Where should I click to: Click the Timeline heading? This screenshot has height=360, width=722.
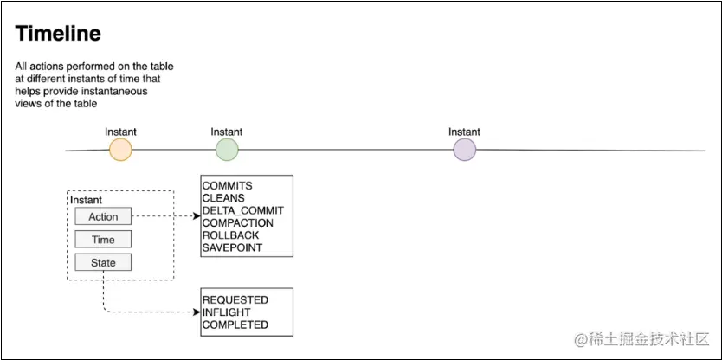[x=58, y=35]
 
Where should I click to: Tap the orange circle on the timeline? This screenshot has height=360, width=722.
[x=120, y=150]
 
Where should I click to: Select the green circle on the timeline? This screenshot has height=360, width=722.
[x=227, y=150]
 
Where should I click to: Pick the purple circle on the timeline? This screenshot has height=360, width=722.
[x=465, y=150]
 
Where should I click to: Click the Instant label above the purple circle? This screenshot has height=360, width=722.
[x=464, y=132]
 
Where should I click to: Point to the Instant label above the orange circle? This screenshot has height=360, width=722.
[x=120, y=132]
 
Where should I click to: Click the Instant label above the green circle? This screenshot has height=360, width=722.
[x=227, y=132]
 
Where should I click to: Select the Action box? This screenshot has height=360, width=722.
[x=103, y=216]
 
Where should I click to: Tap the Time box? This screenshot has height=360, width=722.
[x=103, y=240]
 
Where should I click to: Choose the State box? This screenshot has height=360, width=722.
[x=103, y=262]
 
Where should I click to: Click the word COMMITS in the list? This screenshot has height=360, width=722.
[x=227, y=186]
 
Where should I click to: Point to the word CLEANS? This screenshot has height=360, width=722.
[x=223, y=198]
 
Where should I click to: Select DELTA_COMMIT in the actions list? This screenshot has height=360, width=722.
[x=242, y=210]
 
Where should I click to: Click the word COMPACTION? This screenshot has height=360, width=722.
[x=237, y=222]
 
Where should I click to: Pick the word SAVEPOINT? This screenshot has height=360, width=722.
[x=232, y=247]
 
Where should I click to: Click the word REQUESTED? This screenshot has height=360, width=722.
[x=235, y=300]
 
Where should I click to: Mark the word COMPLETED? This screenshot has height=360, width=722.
[x=235, y=325]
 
